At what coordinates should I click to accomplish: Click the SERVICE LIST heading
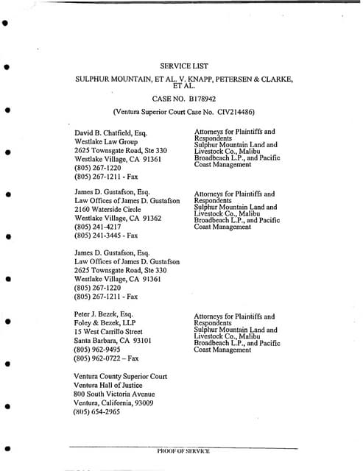(x=180, y=64)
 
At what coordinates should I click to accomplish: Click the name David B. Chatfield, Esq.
(x=111, y=133)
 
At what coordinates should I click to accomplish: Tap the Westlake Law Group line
(x=106, y=142)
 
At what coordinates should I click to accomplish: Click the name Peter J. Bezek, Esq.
(x=106, y=314)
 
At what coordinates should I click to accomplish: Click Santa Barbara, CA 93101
(x=113, y=341)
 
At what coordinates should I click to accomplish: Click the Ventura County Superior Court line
(x=121, y=377)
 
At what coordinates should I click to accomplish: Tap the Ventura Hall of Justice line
(x=111, y=386)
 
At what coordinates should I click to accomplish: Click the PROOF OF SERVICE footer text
(x=183, y=450)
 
